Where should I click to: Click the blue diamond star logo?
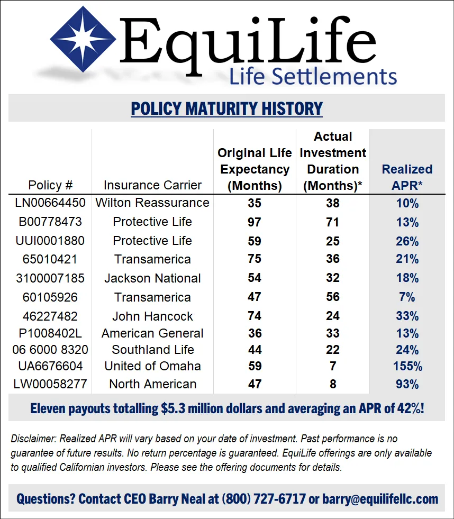point(83,39)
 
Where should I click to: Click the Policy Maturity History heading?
point(227,108)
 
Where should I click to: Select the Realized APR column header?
point(407,177)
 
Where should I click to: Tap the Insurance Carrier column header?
point(152,185)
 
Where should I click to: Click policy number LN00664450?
point(50,203)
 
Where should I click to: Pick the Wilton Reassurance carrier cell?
point(152,203)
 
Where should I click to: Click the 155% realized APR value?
point(407,366)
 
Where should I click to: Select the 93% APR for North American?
point(407,384)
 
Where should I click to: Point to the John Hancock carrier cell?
point(152,316)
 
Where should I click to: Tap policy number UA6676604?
point(50,366)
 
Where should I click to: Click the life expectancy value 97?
point(255,222)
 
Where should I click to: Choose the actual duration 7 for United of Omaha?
point(333,366)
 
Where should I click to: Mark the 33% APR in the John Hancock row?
point(407,316)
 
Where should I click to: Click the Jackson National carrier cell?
point(152,278)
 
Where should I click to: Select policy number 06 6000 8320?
point(50,350)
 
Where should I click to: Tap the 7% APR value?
point(407,297)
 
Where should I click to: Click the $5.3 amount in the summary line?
point(173,408)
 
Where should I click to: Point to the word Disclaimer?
point(33,439)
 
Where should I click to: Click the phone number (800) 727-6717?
point(264,499)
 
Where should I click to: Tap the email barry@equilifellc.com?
point(380,499)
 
